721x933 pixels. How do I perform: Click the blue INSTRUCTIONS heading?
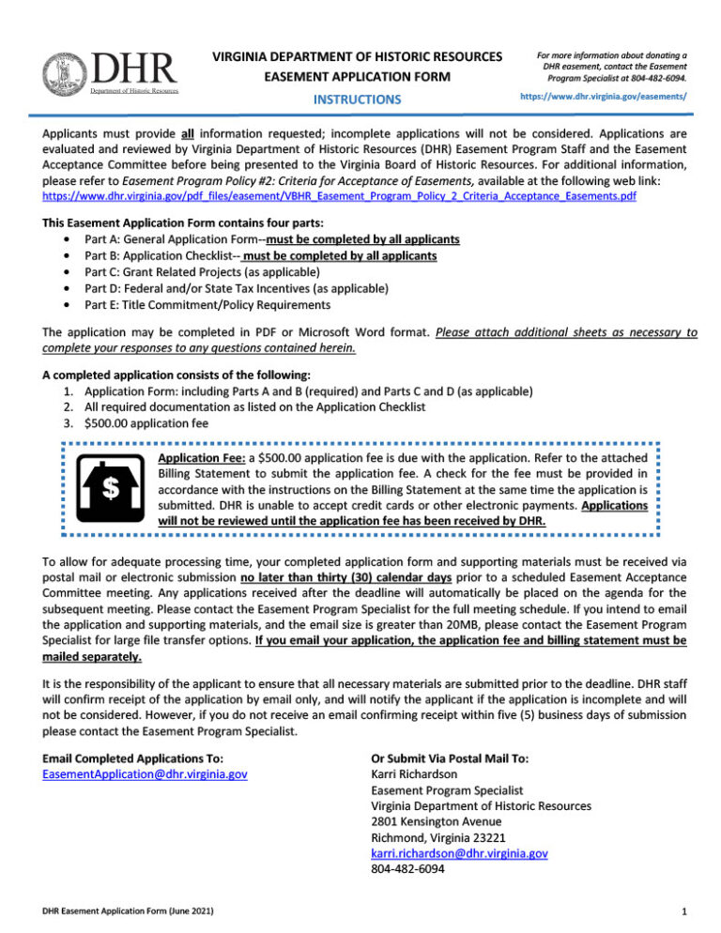(x=357, y=99)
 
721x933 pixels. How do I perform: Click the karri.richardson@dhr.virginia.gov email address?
(x=459, y=853)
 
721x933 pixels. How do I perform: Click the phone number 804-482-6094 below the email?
(x=408, y=869)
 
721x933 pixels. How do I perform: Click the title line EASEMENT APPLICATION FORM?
(x=357, y=77)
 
